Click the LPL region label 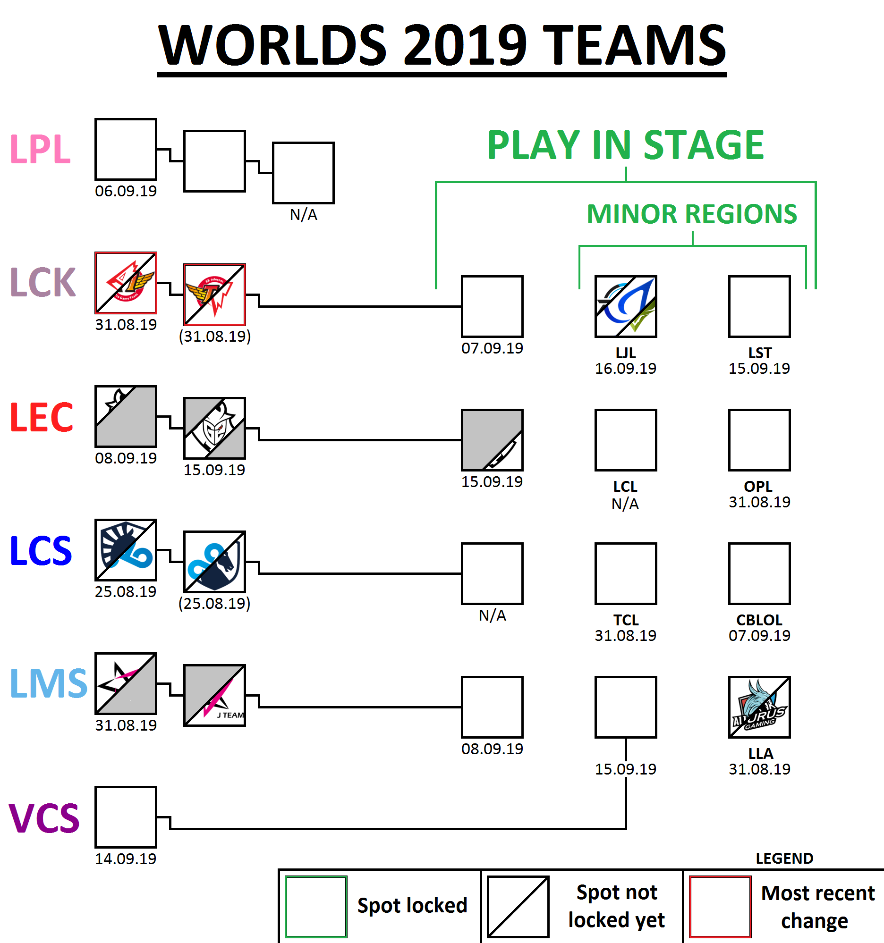click(40, 149)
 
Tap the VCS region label click(44, 818)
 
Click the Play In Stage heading click(625, 145)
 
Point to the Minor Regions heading click(692, 214)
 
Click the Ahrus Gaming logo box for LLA click(759, 707)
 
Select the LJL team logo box click(625, 306)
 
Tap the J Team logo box click(214, 695)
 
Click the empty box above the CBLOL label click(759, 573)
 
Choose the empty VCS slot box click(126, 817)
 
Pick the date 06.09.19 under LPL click(126, 191)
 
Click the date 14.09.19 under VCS click(126, 859)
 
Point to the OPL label click(758, 487)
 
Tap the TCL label click(625, 621)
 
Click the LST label click(760, 353)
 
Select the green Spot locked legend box click(316, 907)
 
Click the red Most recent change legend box click(720, 907)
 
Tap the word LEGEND click(784, 859)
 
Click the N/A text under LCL click(625, 504)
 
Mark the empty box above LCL click(625, 440)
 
